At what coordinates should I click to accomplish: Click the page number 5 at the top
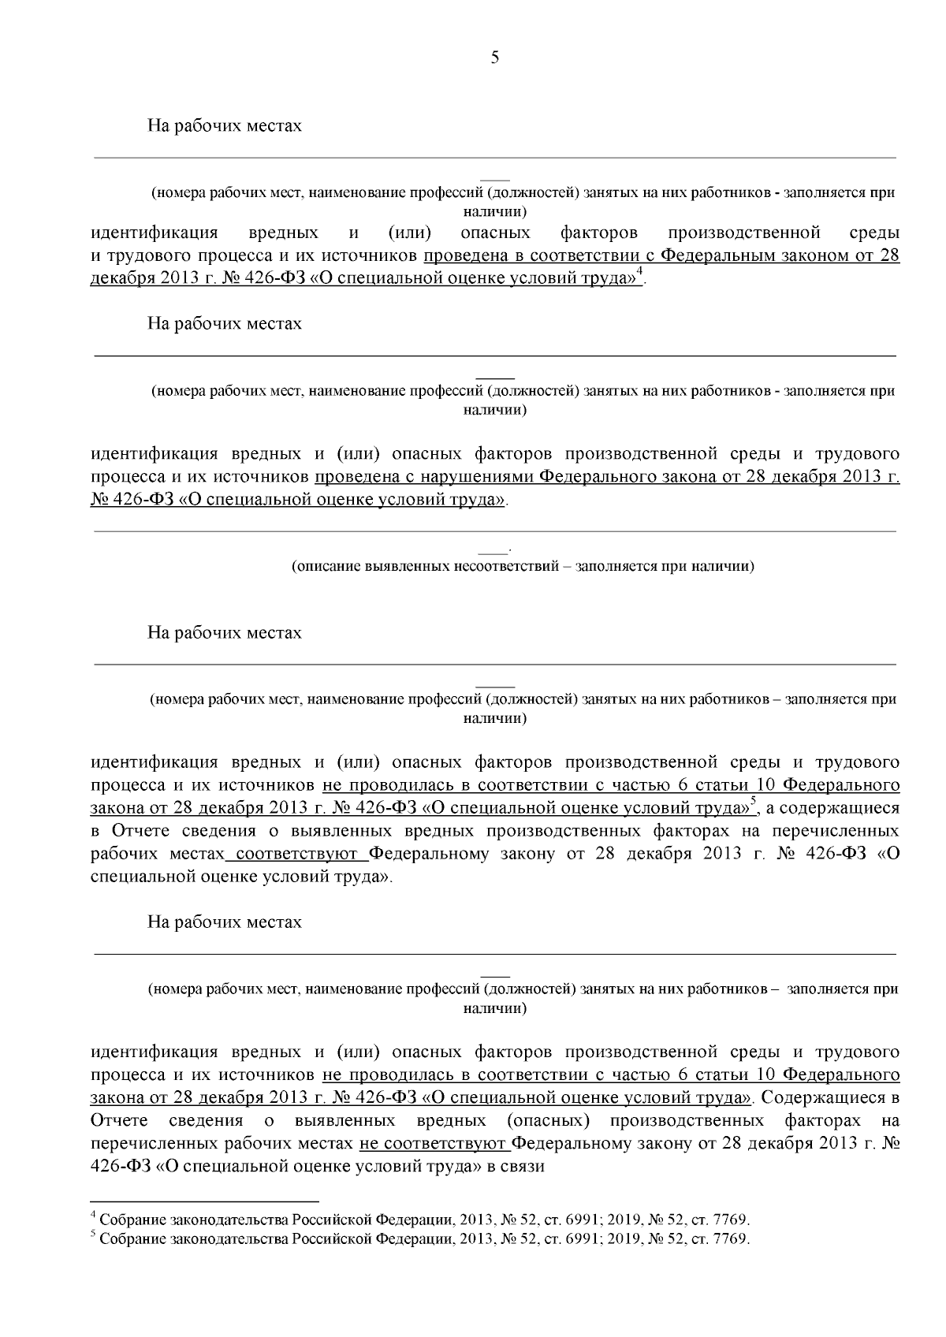click(495, 57)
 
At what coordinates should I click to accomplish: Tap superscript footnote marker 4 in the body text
click(640, 273)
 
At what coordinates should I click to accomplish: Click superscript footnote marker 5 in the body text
click(754, 802)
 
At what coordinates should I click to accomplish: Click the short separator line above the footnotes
click(205, 1202)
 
